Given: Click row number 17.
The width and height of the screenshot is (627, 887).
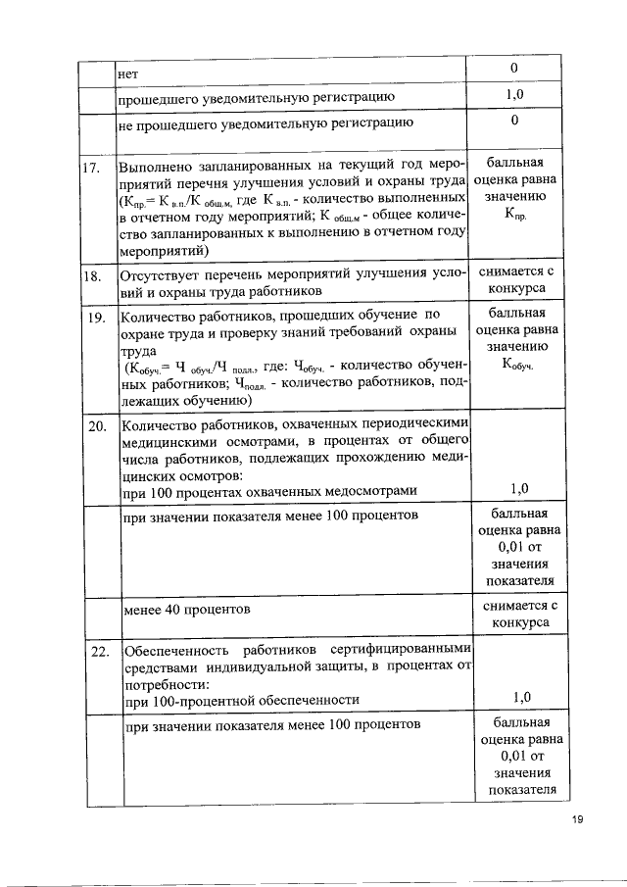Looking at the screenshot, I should tap(91, 167).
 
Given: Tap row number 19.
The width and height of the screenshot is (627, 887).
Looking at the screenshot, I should tap(95, 319).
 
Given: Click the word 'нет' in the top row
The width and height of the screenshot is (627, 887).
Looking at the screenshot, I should tap(127, 73).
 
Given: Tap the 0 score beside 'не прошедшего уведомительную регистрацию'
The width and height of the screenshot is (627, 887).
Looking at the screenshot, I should tap(514, 121).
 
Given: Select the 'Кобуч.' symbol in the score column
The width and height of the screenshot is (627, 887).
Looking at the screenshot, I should tap(516, 366).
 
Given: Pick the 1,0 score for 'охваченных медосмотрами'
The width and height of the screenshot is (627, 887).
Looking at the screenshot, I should tap(520, 489).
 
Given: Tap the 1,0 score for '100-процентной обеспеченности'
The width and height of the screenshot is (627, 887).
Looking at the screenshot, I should tap(520, 697).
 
